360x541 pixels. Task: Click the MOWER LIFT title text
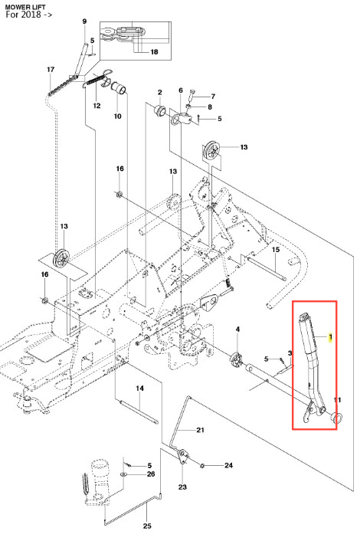click(x=25, y=7)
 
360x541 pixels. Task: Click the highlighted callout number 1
click(x=330, y=336)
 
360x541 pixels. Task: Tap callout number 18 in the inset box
click(x=154, y=52)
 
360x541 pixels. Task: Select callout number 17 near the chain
click(x=51, y=70)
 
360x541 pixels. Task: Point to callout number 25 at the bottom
click(x=147, y=526)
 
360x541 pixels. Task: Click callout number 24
click(x=228, y=465)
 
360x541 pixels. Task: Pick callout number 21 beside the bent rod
click(x=201, y=430)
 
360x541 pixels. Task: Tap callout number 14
click(x=139, y=389)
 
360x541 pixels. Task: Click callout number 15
click(x=276, y=250)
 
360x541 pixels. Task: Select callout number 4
click(x=237, y=330)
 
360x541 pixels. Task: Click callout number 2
click(x=159, y=93)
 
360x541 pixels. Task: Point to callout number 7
click(x=213, y=97)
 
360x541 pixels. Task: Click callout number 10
click(x=118, y=116)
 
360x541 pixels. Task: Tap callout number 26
click(x=151, y=474)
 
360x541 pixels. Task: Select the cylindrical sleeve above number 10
click(x=119, y=88)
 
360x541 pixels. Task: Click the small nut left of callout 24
click(x=202, y=466)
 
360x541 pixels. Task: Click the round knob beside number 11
click(x=336, y=417)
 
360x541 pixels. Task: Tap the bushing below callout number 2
click(x=159, y=110)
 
